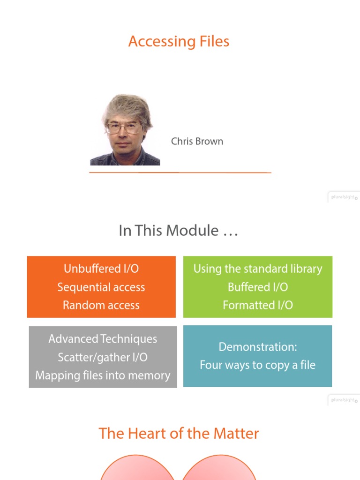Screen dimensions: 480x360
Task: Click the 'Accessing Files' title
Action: pyautogui.click(x=179, y=41)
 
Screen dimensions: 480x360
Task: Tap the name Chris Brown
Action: pyautogui.click(x=197, y=141)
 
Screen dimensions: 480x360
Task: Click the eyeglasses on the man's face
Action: pyautogui.click(x=124, y=127)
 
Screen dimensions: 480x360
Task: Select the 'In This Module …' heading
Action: pyautogui.click(x=179, y=231)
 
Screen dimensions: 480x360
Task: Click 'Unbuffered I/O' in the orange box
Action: pyautogui.click(x=101, y=269)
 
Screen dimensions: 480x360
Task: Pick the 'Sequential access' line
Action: pyautogui.click(x=101, y=287)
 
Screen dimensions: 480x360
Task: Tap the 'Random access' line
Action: pyautogui.click(x=101, y=305)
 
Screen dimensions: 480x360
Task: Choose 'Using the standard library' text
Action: pyautogui.click(x=258, y=269)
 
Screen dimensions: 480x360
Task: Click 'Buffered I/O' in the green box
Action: pyautogui.click(x=258, y=287)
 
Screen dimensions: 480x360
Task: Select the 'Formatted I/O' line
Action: pyautogui.click(x=258, y=305)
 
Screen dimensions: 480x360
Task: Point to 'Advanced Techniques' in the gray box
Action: pyautogui.click(x=103, y=339)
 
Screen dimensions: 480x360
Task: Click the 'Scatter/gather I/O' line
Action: pyautogui.click(x=103, y=357)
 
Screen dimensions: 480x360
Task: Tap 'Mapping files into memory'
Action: pyautogui.click(x=103, y=375)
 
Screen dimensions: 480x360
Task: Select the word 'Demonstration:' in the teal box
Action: pyautogui.click(x=258, y=347)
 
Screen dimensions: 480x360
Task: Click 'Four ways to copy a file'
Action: pyautogui.click(x=258, y=365)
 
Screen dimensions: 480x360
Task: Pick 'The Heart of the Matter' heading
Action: pyautogui.click(x=179, y=433)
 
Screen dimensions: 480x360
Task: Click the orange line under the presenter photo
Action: pyautogui.click(x=180, y=172)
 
